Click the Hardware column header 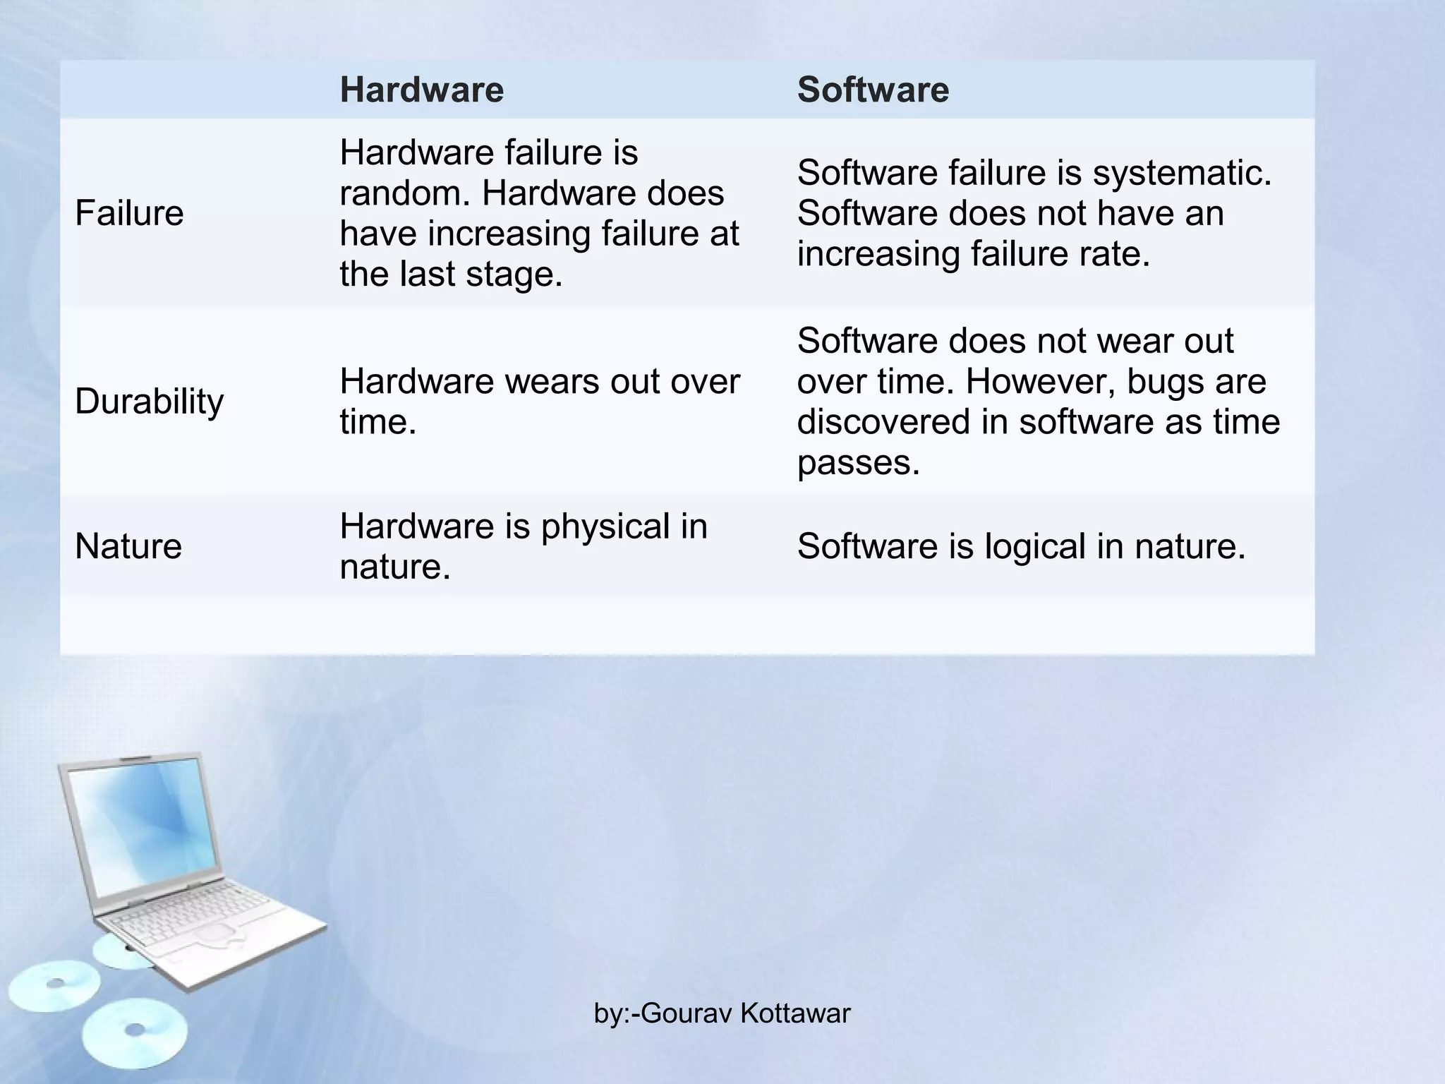pos(421,90)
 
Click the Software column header pos(873,90)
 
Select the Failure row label pos(129,212)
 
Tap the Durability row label pos(149,401)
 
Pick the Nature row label pos(128,546)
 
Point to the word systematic pos(1182,172)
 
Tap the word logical pos(1035,546)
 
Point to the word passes pos(858,463)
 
